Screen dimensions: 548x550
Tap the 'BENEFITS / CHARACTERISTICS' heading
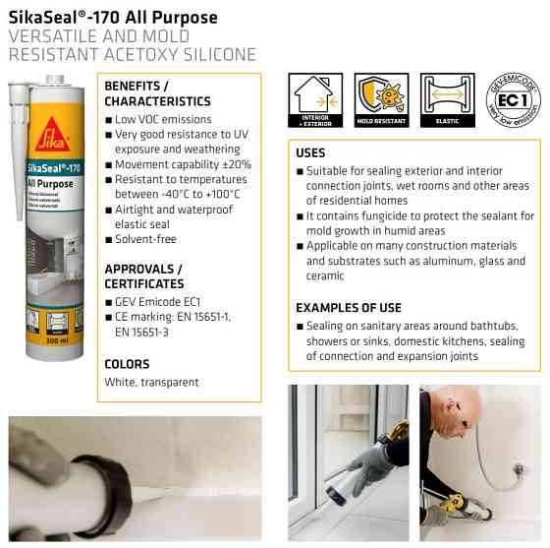tap(157, 93)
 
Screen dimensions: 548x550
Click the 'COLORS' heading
tap(128, 364)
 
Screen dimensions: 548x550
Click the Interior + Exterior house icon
tap(315, 96)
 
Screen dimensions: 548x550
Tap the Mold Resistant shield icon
tap(381, 96)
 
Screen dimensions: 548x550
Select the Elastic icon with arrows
tap(446, 96)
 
